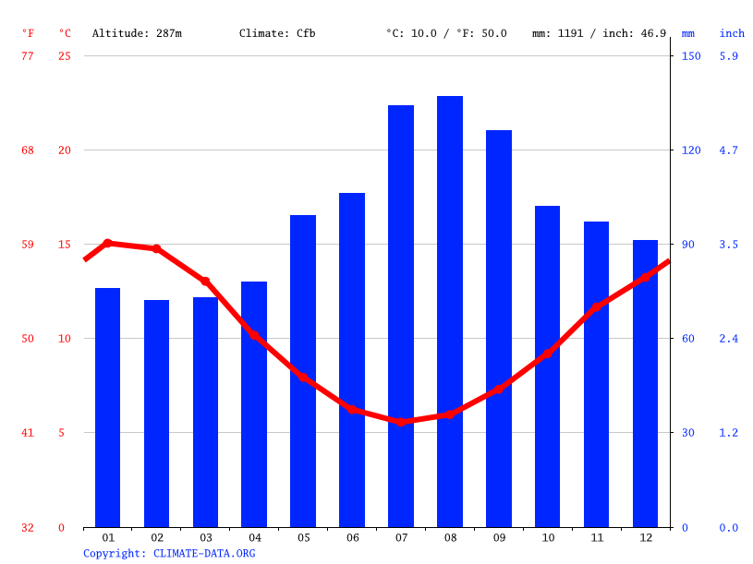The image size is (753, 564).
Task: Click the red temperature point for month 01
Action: [x=107, y=243]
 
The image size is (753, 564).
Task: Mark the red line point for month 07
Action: [x=401, y=421]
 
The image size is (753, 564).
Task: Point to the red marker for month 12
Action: [x=645, y=277]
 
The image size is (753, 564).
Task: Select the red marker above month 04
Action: [x=254, y=334]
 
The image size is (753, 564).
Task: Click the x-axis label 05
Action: [x=303, y=537]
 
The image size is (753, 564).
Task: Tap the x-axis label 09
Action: [x=499, y=537]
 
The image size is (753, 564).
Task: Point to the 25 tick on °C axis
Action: [x=65, y=55]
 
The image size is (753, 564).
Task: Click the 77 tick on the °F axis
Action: [x=28, y=55]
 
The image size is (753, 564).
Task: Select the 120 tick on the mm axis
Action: [x=691, y=150]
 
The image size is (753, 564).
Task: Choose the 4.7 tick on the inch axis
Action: [x=729, y=150]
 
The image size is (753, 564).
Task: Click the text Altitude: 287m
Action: [x=137, y=33]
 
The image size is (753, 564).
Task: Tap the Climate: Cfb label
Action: [x=277, y=33]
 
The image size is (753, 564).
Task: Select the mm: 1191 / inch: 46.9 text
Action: [x=599, y=33]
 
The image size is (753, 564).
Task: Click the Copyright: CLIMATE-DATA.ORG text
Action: [x=169, y=553]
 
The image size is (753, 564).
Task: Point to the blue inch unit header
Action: [x=732, y=33]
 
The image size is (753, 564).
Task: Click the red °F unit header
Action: [x=28, y=33]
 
